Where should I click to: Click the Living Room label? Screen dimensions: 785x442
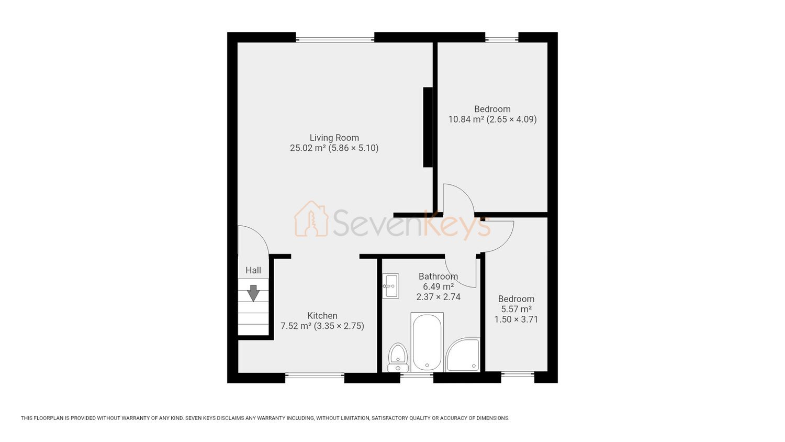tap(334, 138)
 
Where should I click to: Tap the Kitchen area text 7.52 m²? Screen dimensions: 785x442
tap(296, 326)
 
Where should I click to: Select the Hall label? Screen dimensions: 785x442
tap(253, 270)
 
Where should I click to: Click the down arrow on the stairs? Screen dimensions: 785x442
tap(253, 293)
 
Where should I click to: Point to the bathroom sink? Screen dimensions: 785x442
tap(390, 286)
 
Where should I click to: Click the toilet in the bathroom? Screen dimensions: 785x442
tap(398, 357)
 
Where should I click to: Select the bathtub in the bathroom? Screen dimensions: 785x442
tap(427, 342)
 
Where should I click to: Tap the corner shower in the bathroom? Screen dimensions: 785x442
tap(463, 355)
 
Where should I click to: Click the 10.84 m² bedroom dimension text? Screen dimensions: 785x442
tap(492, 119)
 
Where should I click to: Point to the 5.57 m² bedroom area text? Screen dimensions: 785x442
tap(516, 309)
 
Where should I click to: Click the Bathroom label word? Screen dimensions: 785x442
tap(438, 277)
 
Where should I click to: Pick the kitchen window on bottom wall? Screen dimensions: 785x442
tap(315, 375)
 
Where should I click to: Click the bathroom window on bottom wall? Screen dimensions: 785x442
tap(417, 375)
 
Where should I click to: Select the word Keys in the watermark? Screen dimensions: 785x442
tap(457, 225)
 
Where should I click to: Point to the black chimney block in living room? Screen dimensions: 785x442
tap(428, 127)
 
